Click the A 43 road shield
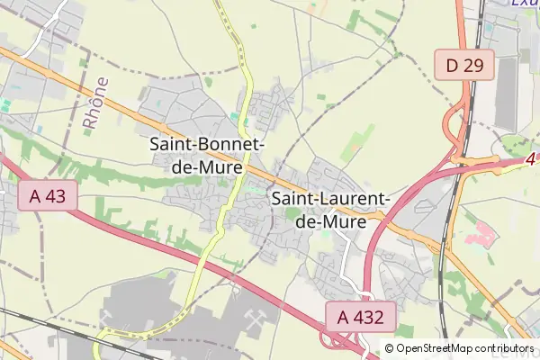47,196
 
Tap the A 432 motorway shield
360,316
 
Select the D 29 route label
464,64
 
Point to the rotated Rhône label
95,105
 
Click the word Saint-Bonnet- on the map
206,144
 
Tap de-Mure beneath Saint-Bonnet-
206,165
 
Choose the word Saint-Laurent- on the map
329,199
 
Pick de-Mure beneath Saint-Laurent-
329,220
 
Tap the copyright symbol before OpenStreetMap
389,348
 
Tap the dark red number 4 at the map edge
531,160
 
